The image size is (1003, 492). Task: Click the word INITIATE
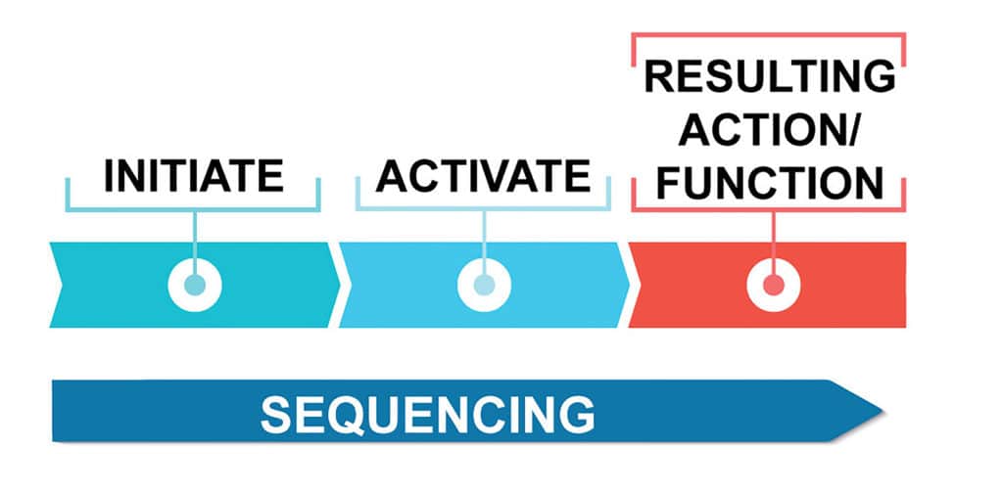(x=193, y=176)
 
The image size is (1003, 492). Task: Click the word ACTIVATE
(x=484, y=176)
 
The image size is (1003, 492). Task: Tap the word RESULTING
(x=770, y=76)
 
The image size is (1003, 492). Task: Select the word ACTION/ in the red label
(x=770, y=130)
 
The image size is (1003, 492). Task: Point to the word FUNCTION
(x=770, y=183)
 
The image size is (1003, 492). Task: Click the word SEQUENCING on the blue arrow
(x=427, y=414)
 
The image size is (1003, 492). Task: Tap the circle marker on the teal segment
(x=195, y=285)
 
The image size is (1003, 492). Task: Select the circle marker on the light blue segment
(x=484, y=285)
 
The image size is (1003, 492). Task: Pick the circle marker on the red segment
(x=774, y=285)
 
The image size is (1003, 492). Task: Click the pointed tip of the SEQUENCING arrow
(x=884, y=411)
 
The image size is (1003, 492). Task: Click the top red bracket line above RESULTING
(x=768, y=34)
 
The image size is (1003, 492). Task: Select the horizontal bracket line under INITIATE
(x=193, y=209)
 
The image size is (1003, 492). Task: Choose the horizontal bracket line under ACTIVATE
(x=484, y=209)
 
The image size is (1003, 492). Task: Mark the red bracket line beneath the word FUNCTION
(x=769, y=209)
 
